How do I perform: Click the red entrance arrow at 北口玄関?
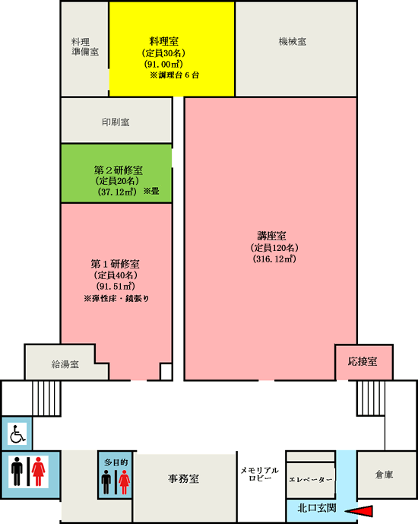click(359, 511)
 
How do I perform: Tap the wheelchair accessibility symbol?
click(17, 433)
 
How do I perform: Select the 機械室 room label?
click(293, 42)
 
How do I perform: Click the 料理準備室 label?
click(85, 47)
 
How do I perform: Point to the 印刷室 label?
click(116, 122)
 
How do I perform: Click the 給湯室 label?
click(65, 364)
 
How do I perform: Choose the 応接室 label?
click(363, 361)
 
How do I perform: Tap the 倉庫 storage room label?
click(384, 475)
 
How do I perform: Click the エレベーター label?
click(311, 480)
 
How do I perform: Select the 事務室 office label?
click(183, 479)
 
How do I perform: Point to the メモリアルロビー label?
click(260, 474)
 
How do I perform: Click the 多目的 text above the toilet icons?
click(116, 462)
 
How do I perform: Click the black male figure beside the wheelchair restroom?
click(17, 472)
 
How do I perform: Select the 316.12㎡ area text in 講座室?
click(274, 259)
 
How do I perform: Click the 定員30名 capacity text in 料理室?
click(163, 53)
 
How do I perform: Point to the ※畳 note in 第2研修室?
click(151, 191)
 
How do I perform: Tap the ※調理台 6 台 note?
click(174, 75)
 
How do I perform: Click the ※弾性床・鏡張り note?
click(116, 298)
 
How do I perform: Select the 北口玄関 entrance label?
click(316, 508)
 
